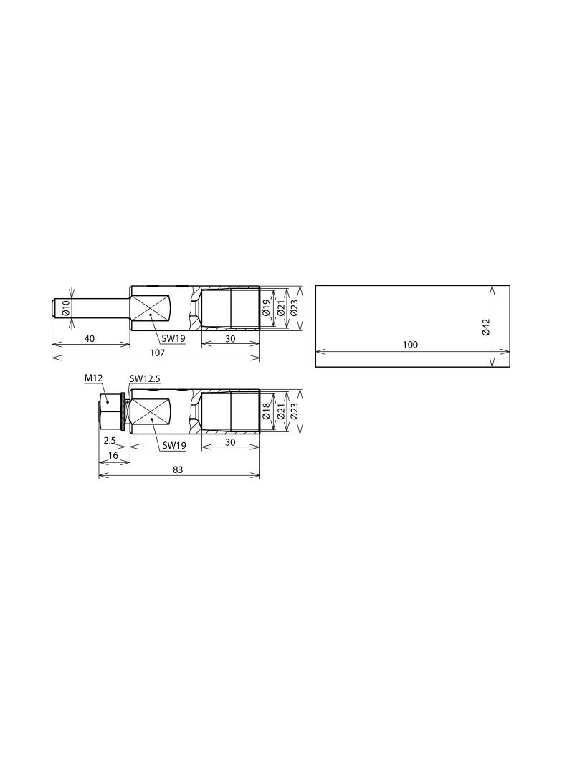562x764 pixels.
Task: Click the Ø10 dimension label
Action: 67,308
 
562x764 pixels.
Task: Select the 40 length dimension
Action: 90,338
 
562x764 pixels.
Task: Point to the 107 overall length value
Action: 157,353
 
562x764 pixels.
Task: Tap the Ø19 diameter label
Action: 266,308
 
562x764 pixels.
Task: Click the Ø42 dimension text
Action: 485,327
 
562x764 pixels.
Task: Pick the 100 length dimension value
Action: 411,345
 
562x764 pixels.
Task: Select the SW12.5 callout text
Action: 145,378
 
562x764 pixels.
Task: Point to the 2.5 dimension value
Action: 109,440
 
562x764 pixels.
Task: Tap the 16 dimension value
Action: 113,455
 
